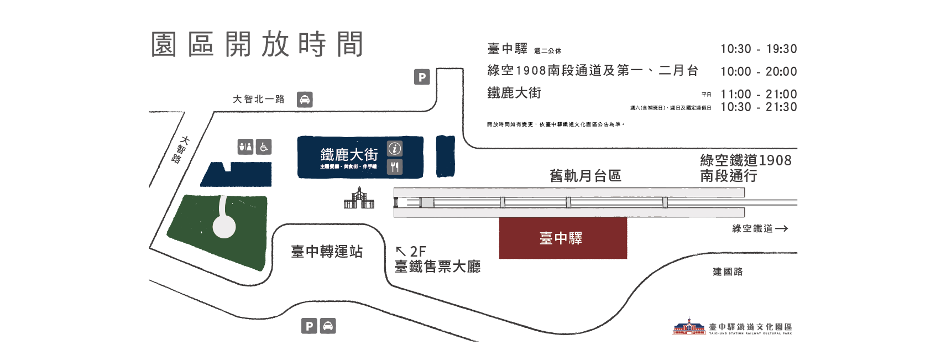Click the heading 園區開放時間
tap(257, 44)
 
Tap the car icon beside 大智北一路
tap(305, 100)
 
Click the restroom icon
tap(245, 147)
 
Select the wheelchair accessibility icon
tap(264, 147)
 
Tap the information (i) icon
tap(394, 148)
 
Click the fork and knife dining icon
tap(394, 166)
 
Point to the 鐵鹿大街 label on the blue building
tap(349, 154)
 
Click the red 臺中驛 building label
tap(561, 238)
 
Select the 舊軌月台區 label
tap(586, 176)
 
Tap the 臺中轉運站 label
tap(327, 252)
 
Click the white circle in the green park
tap(224, 226)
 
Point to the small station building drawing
tap(359, 199)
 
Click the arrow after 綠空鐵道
tap(781, 228)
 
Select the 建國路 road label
tap(728, 272)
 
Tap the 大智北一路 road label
tap(258, 100)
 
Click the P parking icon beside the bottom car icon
tap(310, 326)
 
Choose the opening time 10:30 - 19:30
tap(759, 49)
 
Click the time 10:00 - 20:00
tap(759, 71)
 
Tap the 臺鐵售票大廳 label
tap(437, 267)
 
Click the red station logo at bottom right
tap(689, 327)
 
